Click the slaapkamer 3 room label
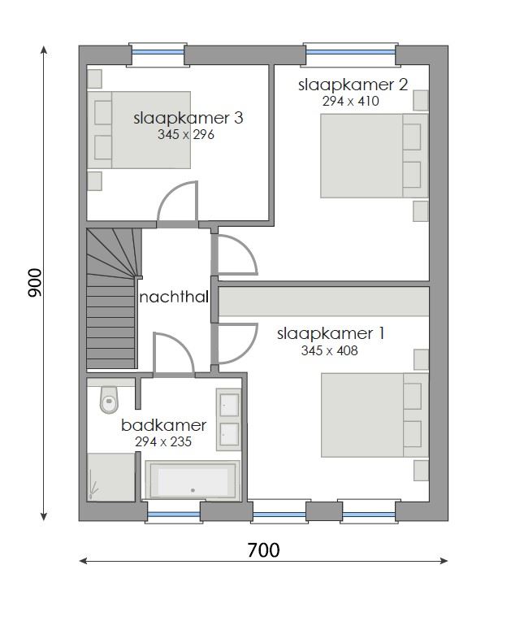click(188, 118)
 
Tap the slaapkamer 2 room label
click(352, 85)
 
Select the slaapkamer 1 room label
click(331, 333)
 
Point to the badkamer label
click(164, 425)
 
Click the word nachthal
click(174, 298)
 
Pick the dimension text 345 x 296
click(186, 135)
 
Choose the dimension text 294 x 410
click(351, 102)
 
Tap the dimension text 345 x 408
click(329, 351)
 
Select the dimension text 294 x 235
click(163, 442)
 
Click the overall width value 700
click(263, 550)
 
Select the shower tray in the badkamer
click(110, 476)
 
